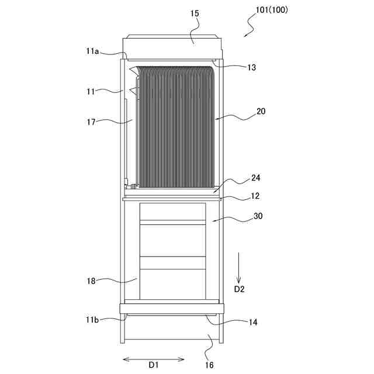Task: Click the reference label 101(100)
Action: (272, 10)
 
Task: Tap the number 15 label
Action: (195, 13)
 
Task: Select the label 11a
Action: (92, 51)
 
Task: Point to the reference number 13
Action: (251, 68)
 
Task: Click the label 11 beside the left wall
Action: (91, 91)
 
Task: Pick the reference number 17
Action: (91, 122)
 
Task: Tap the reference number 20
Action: (261, 111)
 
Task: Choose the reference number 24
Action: (255, 178)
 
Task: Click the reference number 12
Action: (255, 196)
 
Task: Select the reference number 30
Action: (258, 216)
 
